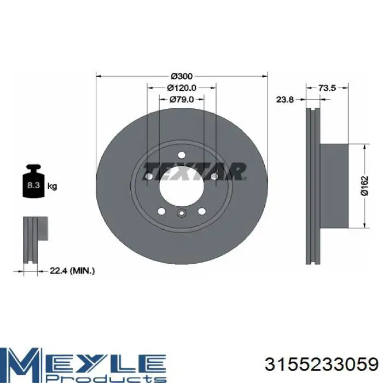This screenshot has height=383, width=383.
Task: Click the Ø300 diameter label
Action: point(182,76)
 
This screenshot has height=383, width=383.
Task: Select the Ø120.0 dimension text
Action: point(182,88)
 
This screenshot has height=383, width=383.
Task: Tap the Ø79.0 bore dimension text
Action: point(182,99)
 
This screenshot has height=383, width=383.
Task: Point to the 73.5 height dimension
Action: point(327,88)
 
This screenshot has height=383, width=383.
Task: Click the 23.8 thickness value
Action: point(285,100)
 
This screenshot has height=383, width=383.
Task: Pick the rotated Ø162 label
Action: point(364,185)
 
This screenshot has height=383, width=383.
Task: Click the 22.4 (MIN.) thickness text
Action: point(72,271)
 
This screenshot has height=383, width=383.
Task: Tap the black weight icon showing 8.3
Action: point(33,181)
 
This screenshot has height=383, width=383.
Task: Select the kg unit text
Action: point(52,186)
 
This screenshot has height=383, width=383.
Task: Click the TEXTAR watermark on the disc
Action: point(194,171)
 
